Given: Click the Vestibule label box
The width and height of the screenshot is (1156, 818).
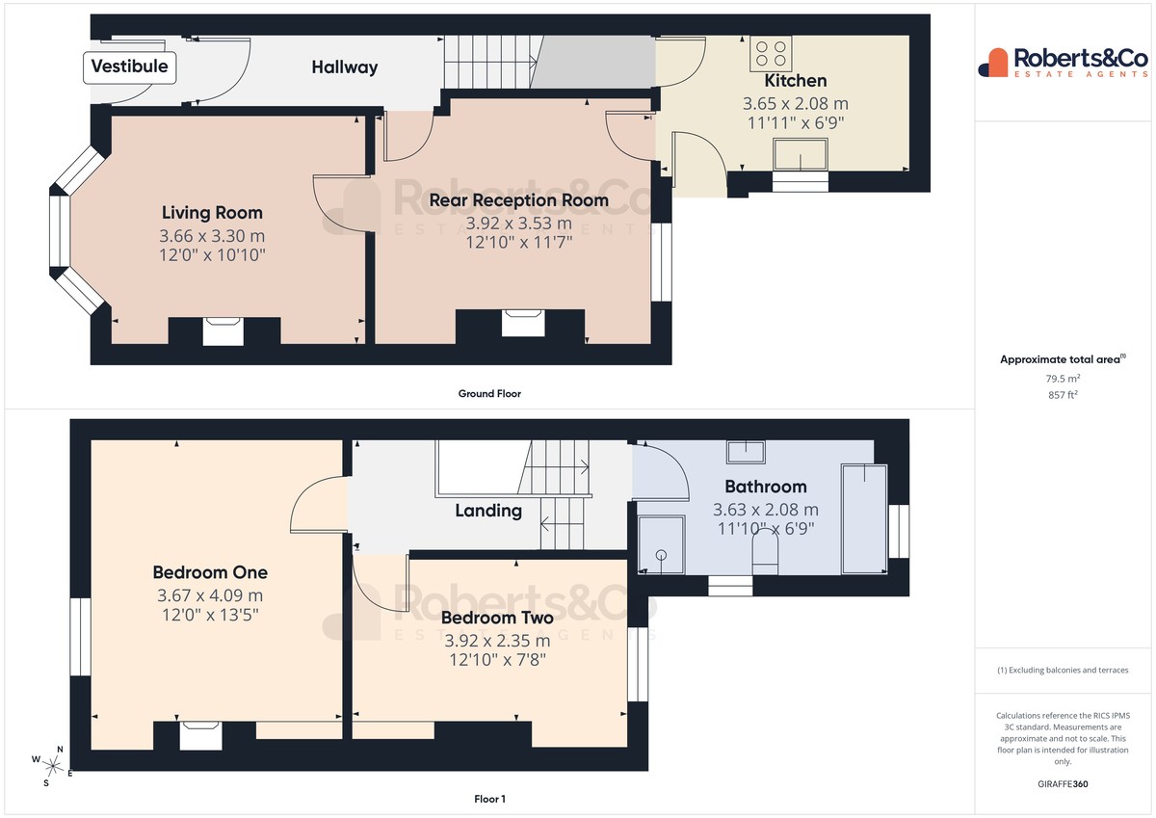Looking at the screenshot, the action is pyautogui.click(x=129, y=67).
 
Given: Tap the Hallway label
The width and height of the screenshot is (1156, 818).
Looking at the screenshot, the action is pyautogui.click(x=345, y=67).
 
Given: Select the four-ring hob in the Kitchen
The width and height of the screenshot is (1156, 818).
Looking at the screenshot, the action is pyautogui.click(x=771, y=54).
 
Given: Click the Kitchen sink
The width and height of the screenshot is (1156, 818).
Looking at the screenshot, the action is pyautogui.click(x=800, y=154).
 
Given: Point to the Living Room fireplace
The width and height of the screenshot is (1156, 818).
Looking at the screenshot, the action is pyautogui.click(x=223, y=331).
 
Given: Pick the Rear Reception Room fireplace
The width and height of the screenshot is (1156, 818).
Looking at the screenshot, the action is pyautogui.click(x=523, y=323).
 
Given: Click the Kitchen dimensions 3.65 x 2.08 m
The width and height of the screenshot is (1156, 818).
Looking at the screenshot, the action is pyautogui.click(x=796, y=104).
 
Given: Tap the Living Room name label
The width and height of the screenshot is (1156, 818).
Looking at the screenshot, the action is pyautogui.click(x=212, y=213).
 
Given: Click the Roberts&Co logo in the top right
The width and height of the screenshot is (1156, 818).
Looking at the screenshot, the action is pyautogui.click(x=1063, y=63).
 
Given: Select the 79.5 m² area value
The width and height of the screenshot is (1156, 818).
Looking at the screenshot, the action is pyautogui.click(x=1063, y=379).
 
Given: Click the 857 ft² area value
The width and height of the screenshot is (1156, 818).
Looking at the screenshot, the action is pyautogui.click(x=1063, y=395).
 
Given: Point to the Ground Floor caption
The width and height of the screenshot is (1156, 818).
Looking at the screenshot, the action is pyautogui.click(x=489, y=394).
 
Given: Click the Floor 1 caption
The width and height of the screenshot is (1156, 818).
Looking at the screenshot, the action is pyautogui.click(x=489, y=799).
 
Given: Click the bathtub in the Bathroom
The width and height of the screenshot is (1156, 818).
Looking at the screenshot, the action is pyautogui.click(x=864, y=519).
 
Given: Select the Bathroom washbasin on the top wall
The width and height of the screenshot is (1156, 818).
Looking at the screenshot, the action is pyautogui.click(x=746, y=452).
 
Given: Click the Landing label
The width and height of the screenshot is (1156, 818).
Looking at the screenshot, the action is pyautogui.click(x=488, y=511).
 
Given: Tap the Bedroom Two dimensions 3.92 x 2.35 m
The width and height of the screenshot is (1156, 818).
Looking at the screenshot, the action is pyautogui.click(x=497, y=641).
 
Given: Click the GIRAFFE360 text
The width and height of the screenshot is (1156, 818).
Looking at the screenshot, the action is pyautogui.click(x=1063, y=784).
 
